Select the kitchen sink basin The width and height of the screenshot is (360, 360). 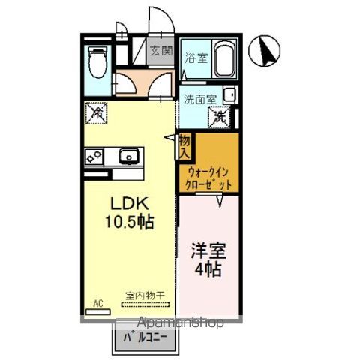(x=128, y=157)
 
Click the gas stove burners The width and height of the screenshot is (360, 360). (x=94, y=157)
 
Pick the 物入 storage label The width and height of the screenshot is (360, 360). (x=184, y=146)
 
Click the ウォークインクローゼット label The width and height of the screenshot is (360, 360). (x=208, y=176)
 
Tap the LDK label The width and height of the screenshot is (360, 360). (x=133, y=205)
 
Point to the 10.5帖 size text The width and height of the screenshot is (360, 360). (x=133, y=223)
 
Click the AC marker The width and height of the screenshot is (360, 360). (x=97, y=304)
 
